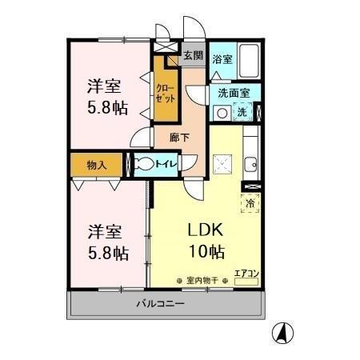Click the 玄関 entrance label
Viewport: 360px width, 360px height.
click(192, 55)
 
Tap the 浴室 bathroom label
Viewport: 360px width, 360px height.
click(223, 59)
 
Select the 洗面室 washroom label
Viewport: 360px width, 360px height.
click(234, 93)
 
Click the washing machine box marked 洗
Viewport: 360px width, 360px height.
click(242, 112)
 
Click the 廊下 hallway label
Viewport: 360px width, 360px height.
click(181, 138)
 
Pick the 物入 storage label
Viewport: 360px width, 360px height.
click(97, 165)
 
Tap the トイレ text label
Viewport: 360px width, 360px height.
click(166, 165)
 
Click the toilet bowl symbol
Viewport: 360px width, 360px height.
click(145, 165)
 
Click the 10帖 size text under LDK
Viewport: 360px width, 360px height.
click(206, 253)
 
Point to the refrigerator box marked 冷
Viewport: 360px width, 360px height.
click(251, 203)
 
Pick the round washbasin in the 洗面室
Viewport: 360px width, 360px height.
click(222, 113)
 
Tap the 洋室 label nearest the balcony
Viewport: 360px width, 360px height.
click(104, 232)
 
